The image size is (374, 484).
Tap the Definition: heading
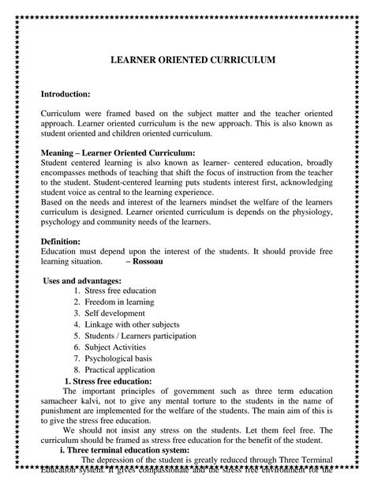coord(60,241)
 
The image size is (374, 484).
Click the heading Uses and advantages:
coord(83,280)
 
